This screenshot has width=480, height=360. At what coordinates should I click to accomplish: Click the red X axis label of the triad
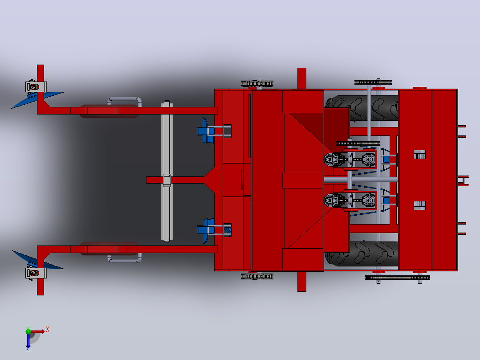coord(48,330)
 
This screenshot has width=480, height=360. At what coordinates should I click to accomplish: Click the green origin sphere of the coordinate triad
coord(28,331)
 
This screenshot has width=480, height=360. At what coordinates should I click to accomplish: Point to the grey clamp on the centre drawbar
coord(167,180)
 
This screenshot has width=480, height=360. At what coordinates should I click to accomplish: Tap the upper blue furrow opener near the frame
coord(206,131)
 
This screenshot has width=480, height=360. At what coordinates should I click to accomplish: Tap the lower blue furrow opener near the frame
coord(206,230)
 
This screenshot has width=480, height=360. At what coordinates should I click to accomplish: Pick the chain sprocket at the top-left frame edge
coord(257,83)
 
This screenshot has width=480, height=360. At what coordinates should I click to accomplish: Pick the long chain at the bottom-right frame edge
coord(398,278)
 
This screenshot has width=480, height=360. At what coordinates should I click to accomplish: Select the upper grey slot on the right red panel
coord(420,155)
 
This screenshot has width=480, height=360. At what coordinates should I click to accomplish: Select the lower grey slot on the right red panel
coord(420,205)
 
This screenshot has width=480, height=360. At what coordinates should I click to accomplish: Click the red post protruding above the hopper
coord(302,79)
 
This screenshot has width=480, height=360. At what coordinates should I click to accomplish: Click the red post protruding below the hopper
coord(302,281)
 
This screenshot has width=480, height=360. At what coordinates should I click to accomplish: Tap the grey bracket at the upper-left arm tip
coord(36,87)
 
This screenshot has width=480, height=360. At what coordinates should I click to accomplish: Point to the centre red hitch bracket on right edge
coord(464,181)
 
